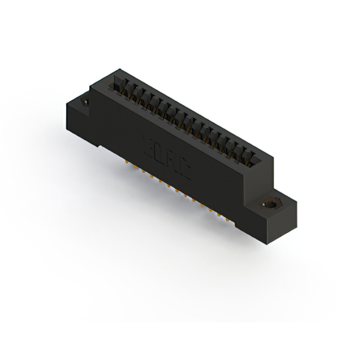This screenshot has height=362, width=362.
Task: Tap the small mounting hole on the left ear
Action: (x=86, y=102)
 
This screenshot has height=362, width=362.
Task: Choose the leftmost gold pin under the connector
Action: (x=126, y=162)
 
